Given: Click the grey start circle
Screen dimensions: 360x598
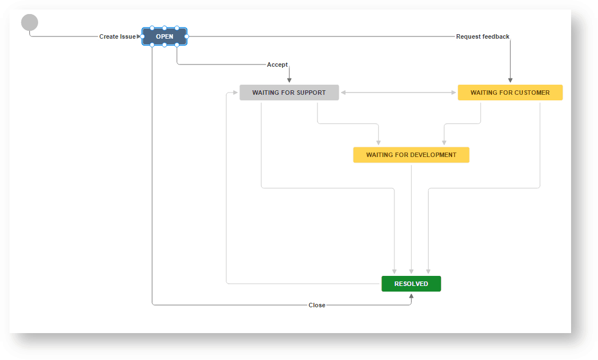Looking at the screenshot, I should (x=30, y=23).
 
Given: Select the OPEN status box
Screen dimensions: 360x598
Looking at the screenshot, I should (x=164, y=36).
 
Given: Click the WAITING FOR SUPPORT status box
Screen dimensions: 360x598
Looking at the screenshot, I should (x=289, y=93).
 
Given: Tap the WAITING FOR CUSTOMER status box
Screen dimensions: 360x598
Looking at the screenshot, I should (x=510, y=93).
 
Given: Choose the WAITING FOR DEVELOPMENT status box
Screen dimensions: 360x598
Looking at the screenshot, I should (x=411, y=155).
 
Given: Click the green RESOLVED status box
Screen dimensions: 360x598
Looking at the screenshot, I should (x=411, y=284).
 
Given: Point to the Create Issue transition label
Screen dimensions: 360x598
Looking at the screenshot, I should (x=117, y=36).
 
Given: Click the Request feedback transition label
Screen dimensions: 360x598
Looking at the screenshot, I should (x=482, y=36).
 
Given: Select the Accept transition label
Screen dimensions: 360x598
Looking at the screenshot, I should (x=277, y=64).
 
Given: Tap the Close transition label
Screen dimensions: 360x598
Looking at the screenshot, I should (x=317, y=305).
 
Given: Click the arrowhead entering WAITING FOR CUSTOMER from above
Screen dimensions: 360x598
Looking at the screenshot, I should (x=510, y=80).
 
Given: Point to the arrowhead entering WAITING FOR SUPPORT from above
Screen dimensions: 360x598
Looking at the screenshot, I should (x=289, y=80).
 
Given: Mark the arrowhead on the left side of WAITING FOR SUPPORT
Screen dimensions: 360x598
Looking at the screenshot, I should (x=236, y=93).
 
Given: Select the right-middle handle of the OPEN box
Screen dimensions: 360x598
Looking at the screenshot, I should (x=187, y=36).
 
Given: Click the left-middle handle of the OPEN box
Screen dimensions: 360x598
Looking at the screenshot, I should (x=142, y=36).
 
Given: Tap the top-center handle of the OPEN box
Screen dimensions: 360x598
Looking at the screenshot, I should (x=164, y=27).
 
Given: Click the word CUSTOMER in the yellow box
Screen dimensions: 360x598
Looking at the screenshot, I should (x=530, y=93).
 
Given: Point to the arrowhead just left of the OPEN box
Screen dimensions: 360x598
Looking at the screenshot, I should (x=139, y=36).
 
